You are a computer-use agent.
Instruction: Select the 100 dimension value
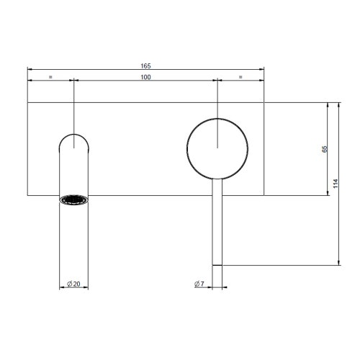145,76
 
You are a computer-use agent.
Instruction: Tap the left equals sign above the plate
50,76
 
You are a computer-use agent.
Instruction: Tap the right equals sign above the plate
240,76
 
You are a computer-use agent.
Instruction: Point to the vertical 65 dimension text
325,149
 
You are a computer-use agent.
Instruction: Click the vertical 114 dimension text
336,184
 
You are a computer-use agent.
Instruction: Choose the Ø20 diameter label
73,284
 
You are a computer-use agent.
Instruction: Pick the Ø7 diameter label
200,284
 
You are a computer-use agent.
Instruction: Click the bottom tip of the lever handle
217,263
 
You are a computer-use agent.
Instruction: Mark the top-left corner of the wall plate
27,103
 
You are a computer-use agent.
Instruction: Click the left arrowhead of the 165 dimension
30,70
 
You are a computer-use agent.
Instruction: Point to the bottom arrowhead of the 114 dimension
340,263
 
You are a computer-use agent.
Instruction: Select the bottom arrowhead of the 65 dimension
328,193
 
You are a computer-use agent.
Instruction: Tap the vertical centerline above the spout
73,108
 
